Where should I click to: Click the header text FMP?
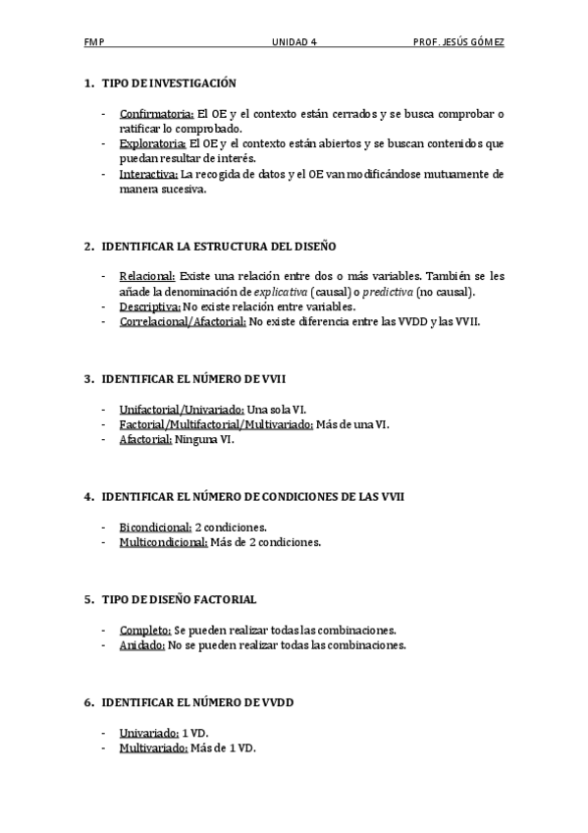click(94, 43)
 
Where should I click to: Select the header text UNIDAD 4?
click(294, 43)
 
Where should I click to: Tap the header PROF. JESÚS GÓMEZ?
click(459, 43)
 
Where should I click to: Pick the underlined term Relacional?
click(147, 276)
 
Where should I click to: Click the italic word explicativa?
click(280, 292)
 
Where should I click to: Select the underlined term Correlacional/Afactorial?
click(183, 321)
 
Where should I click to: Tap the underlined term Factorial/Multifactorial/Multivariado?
click(216, 424)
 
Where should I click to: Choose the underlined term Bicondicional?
click(155, 527)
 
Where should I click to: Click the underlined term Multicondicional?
click(163, 542)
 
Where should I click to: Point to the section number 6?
click(87, 702)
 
